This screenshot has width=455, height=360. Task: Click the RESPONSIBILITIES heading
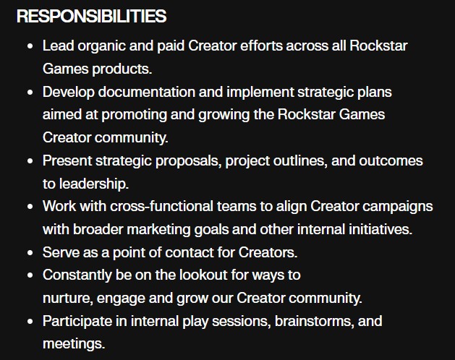(91, 16)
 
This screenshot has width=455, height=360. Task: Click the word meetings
(74, 343)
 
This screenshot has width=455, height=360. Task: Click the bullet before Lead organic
(29, 46)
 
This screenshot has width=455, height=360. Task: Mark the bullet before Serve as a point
(29, 252)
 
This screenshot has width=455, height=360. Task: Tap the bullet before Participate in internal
(29, 320)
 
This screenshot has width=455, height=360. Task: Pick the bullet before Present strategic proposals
(29, 160)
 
